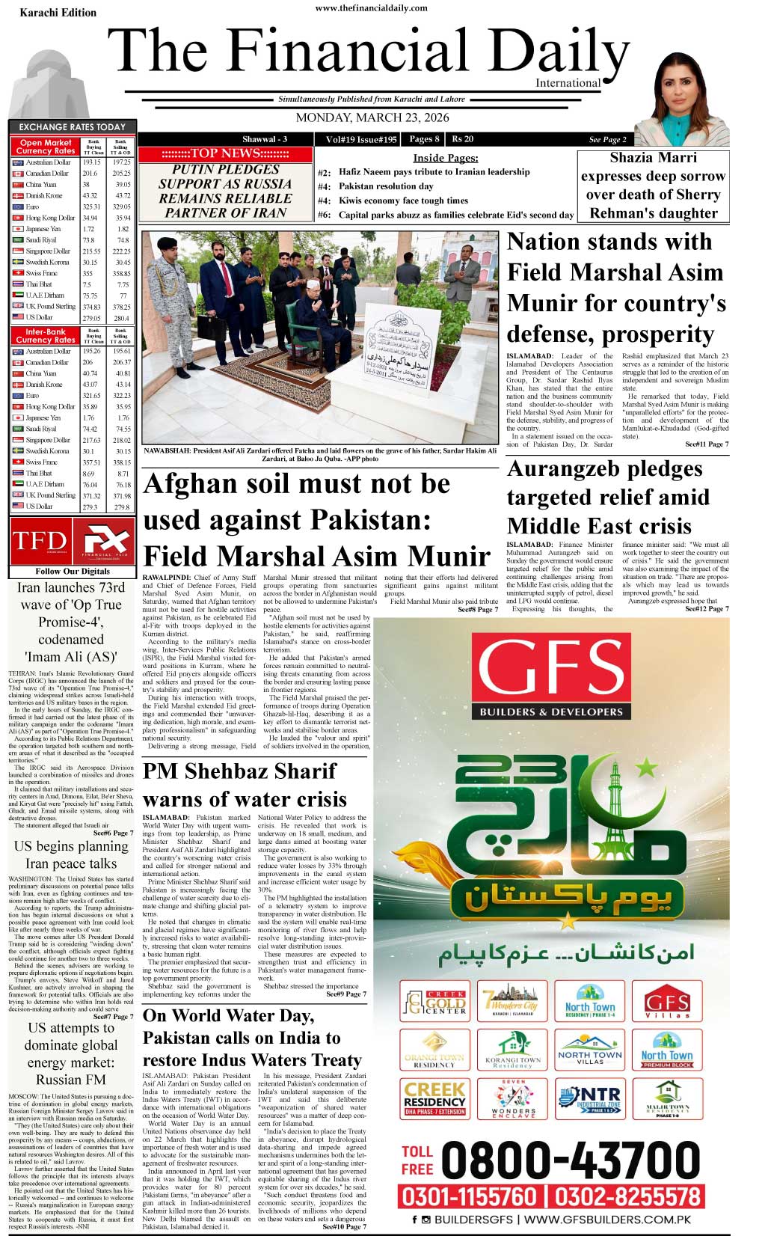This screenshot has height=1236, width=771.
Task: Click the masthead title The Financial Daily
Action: (x=372, y=54)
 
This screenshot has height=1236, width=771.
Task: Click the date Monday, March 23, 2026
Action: (x=372, y=118)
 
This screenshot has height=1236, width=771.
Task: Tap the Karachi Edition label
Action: (x=58, y=13)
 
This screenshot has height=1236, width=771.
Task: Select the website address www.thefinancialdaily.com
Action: (x=372, y=8)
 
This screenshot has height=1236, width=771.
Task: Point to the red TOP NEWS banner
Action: (x=225, y=153)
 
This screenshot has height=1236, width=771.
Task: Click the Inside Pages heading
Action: (x=446, y=158)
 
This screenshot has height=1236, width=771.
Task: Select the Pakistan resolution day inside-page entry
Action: (x=386, y=186)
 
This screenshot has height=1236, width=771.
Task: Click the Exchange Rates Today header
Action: (x=72, y=127)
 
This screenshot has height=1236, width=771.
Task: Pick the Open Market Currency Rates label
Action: (x=46, y=147)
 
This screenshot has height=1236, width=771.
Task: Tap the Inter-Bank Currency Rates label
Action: (x=46, y=335)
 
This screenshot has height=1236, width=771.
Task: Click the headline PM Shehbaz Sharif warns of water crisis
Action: (x=245, y=785)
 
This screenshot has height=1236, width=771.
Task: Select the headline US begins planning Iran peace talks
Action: (x=71, y=854)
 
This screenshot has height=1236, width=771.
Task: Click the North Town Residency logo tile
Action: (x=589, y=1001)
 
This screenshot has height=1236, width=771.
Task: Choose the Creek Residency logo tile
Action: (x=434, y=1098)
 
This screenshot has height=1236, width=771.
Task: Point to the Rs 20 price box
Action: (x=463, y=139)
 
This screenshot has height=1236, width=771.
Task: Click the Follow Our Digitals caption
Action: (x=72, y=571)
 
